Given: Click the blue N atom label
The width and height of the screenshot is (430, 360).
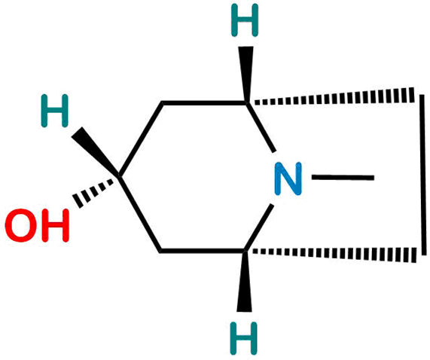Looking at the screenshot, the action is [x=288, y=178].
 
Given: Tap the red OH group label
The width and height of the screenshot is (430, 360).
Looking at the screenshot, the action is [x=37, y=225].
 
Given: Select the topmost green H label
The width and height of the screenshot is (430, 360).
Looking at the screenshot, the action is [x=245, y=20].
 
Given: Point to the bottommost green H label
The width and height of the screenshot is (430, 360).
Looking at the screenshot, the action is [x=243, y=338].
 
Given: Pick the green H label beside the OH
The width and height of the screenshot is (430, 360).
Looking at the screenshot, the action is [x=54, y=111].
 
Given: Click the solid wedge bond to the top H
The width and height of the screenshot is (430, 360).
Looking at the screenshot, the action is [x=246, y=74].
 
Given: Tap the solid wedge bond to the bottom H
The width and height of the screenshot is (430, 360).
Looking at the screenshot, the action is [x=244, y=281].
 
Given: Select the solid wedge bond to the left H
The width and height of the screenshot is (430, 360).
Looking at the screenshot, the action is [x=96, y=151].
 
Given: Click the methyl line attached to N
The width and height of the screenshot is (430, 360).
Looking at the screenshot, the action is [x=343, y=178].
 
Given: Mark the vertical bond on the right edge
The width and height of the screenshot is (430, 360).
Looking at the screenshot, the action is [x=423, y=175].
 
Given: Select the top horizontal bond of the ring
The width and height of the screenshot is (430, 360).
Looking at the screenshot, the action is [x=204, y=103].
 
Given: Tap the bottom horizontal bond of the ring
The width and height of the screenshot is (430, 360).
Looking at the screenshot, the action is [x=203, y=251].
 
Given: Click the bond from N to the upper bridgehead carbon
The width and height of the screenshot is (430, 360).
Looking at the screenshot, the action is [x=261, y=127].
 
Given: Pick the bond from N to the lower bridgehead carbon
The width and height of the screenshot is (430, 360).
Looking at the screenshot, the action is [x=258, y=227].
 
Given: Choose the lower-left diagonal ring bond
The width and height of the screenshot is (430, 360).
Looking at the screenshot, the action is [x=140, y=214].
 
